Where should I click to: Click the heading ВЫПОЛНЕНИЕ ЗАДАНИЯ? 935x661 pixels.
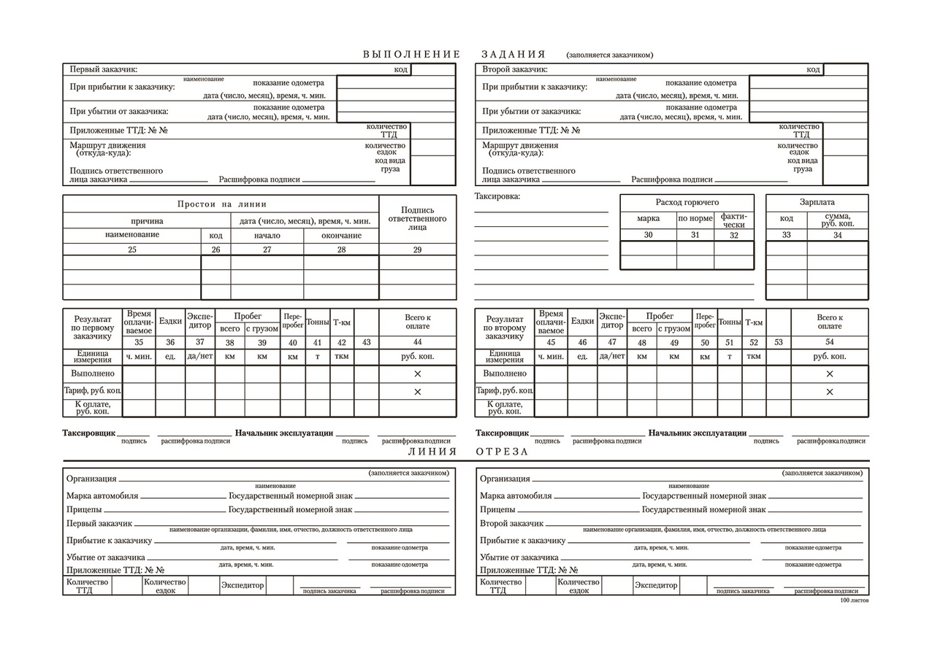coord(454,55)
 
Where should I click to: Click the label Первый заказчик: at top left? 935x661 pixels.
coord(103,70)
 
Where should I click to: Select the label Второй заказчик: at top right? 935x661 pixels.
coord(515,70)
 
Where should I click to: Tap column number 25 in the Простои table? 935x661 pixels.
coord(131,250)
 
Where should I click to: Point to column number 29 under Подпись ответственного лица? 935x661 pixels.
coord(417,250)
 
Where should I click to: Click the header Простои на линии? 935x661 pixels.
coord(222,204)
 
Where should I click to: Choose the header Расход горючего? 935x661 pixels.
coord(687,202)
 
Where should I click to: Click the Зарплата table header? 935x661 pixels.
coord(817,202)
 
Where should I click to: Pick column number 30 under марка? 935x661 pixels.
coord(648,235)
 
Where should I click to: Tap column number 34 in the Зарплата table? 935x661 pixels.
coord(837,235)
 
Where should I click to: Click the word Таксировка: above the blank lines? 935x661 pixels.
coord(497,196)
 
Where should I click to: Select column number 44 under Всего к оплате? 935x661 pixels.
coord(417,342)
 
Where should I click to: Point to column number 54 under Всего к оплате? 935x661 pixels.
coord(829,342)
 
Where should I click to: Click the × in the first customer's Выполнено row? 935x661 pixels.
coord(418,374)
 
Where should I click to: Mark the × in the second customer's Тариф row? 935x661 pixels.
coord(830,392)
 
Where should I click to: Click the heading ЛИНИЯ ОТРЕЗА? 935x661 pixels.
coord(467,452)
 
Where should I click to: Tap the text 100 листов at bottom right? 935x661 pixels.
coord(855,600)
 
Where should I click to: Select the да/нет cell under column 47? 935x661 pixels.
coord(612,357)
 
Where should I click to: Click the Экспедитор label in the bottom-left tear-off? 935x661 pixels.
coord(243,585)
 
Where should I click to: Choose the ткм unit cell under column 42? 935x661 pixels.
coord(341,357)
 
